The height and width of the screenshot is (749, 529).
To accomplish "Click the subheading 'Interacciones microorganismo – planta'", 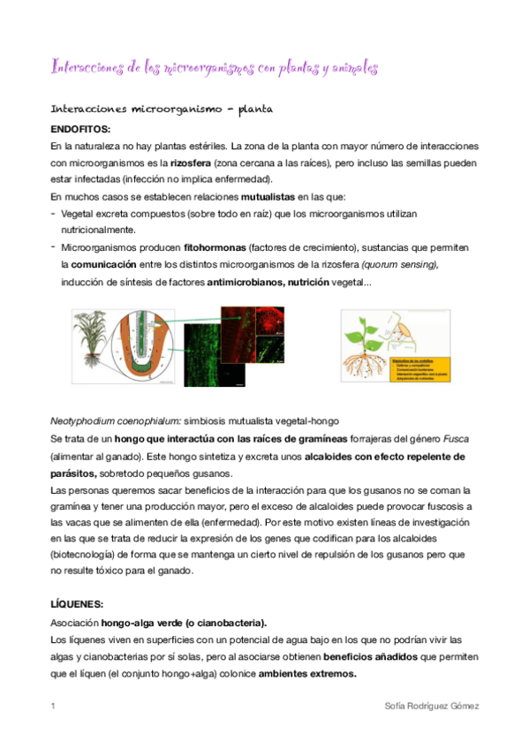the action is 162,110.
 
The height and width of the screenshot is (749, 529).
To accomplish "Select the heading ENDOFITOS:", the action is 80,129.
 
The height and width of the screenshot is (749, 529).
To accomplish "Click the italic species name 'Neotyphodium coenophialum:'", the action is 111,420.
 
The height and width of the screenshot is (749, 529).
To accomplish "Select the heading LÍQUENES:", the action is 78,604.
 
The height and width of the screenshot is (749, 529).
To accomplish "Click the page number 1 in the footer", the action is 54,707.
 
